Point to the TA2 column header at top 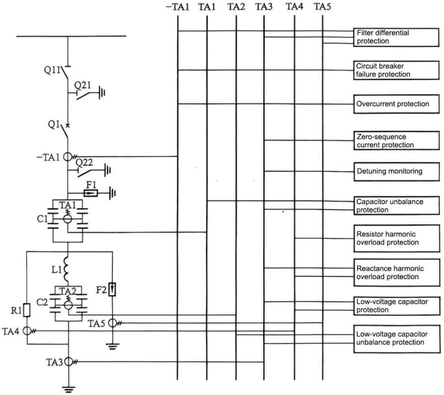[236, 7]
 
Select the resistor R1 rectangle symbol [27, 310]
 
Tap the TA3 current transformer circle [68, 362]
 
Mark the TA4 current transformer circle [27, 331]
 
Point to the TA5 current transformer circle [112, 323]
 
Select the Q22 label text [84, 162]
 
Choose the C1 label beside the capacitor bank [42, 219]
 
